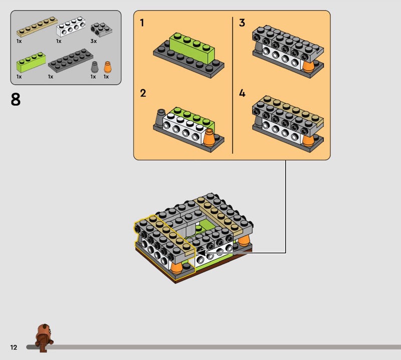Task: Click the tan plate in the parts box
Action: [x=37, y=27]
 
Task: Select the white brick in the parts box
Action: [x=71, y=27]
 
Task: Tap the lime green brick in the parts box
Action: [x=31, y=62]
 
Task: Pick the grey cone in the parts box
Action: [x=95, y=67]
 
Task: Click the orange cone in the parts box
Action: [x=108, y=67]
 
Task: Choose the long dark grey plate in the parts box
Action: [x=71, y=61]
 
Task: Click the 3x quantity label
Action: [x=94, y=41]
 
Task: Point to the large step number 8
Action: [x=16, y=100]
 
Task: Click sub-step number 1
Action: [x=142, y=23]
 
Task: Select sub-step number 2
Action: [x=143, y=93]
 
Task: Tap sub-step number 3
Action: [x=242, y=23]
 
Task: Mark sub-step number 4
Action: [x=242, y=93]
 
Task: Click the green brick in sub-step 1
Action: [x=192, y=48]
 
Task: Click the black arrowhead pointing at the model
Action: [x=202, y=253]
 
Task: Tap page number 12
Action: [x=14, y=347]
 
